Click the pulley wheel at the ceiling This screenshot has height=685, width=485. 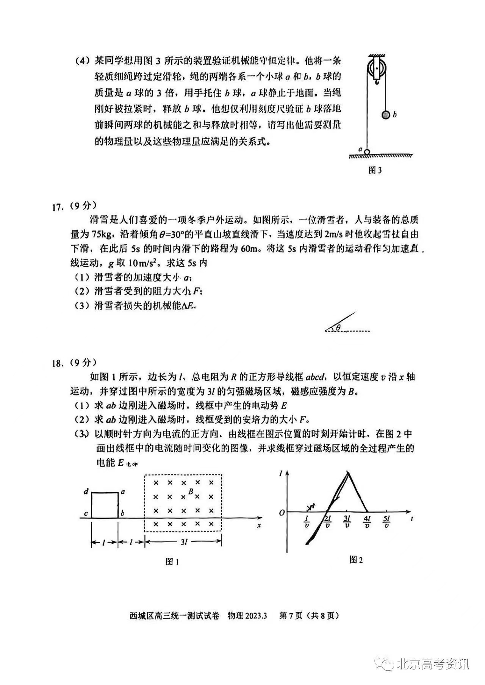376,68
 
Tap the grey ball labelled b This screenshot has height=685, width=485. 386,114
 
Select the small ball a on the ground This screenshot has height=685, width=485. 367,152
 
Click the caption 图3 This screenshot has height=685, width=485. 375,170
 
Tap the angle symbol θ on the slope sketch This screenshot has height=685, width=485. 338,328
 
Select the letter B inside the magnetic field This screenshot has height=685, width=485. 191,492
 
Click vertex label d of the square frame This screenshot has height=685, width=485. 86,492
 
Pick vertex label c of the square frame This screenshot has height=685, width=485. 86,514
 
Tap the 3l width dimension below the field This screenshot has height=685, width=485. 184,542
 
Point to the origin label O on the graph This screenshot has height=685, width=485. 282,513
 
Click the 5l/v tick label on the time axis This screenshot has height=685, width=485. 386,522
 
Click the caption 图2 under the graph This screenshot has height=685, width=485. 356,560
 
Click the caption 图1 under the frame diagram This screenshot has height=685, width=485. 172,562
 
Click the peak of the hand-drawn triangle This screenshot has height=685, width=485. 348,472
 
